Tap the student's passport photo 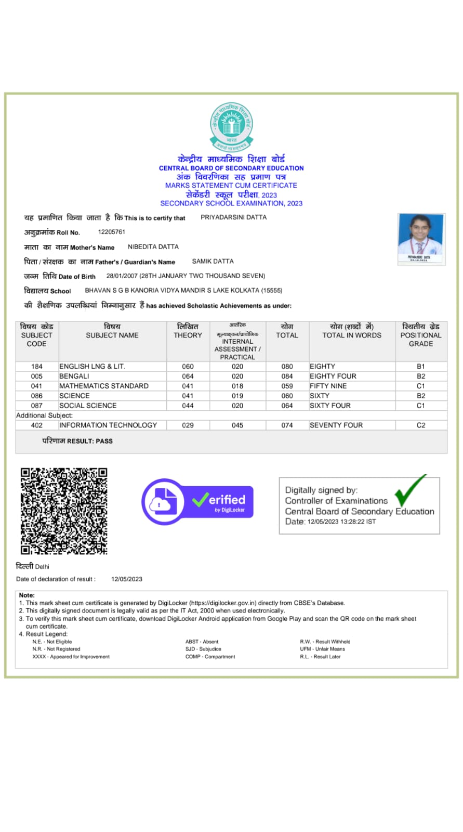421,239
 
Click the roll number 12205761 112,232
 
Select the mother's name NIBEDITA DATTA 153,247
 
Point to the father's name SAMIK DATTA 213,262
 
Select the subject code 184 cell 37,367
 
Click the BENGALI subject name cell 74,376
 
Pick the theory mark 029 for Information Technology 188,425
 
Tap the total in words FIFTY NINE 328,386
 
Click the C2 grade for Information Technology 421,425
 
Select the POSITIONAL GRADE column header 421,335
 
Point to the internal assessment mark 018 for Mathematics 237,386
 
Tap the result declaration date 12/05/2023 127,579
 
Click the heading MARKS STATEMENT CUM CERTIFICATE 231,186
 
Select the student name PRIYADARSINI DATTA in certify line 234,217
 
